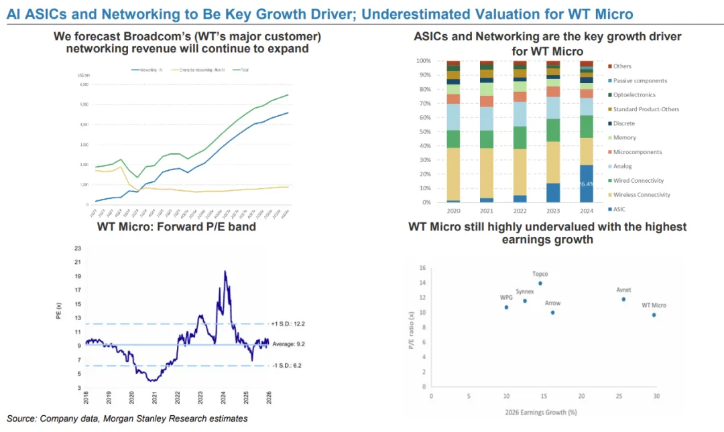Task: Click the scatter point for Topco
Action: point(540,283)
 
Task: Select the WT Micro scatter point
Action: point(654,315)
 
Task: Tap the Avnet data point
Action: point(623,299)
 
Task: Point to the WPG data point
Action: point(506,307)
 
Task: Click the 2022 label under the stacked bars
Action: point(520,211)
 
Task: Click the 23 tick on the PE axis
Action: point(78,248)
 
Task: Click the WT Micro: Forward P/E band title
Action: point(176,226)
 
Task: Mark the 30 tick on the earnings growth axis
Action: point(656,397)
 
